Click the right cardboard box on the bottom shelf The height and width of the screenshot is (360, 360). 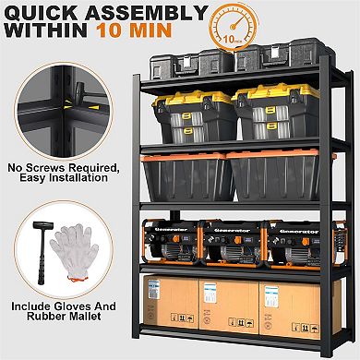pyautogui.click(x=288, y=309)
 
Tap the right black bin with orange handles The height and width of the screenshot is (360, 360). pyautogui.click(x=272, y=174)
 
